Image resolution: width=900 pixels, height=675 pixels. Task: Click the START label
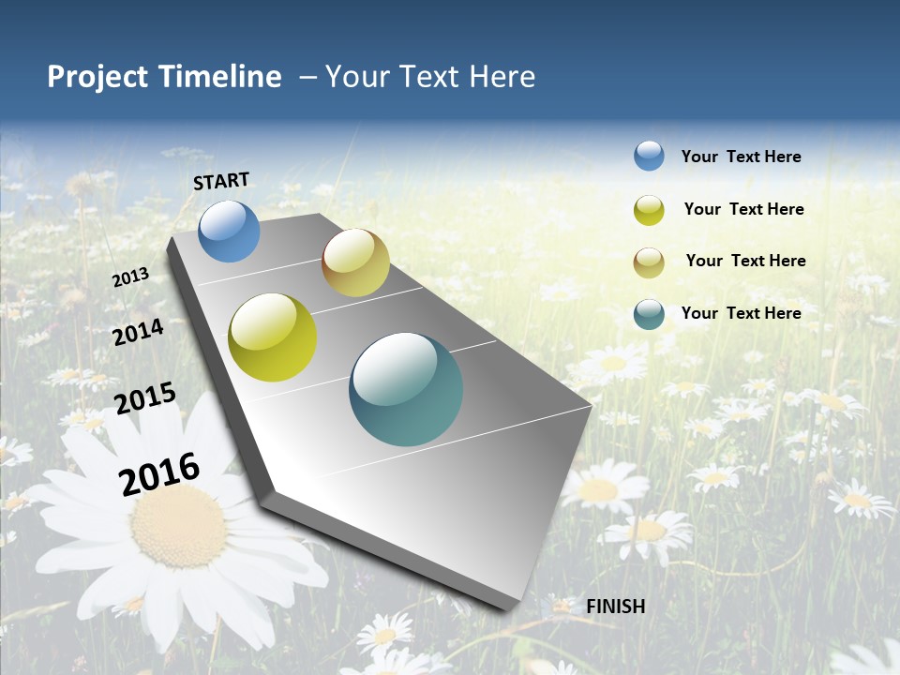tap(221, 181)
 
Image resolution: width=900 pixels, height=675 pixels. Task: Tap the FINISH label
tap(616, 607)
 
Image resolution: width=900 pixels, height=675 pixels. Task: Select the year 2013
tap(131, 277)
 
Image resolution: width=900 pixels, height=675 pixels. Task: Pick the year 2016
tap(159, 473)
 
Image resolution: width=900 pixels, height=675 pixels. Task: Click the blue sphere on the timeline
tap(229, 231)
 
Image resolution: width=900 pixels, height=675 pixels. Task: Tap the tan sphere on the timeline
tap(355, 262)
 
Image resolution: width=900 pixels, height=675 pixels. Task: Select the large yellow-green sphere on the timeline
tap(273, 337)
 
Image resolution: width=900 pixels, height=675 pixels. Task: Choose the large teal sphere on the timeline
tap(406, 389)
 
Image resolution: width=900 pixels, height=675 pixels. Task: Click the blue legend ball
tap(649, 156)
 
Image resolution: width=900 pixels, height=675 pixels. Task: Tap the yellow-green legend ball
tap(649, 210)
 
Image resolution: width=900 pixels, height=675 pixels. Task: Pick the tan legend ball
tap(649, 262)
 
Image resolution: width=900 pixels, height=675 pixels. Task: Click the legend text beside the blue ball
tap(742, 157)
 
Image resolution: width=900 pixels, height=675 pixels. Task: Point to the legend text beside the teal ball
tap(742, 313)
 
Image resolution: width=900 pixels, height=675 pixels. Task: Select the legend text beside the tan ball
tap(746, 261)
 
